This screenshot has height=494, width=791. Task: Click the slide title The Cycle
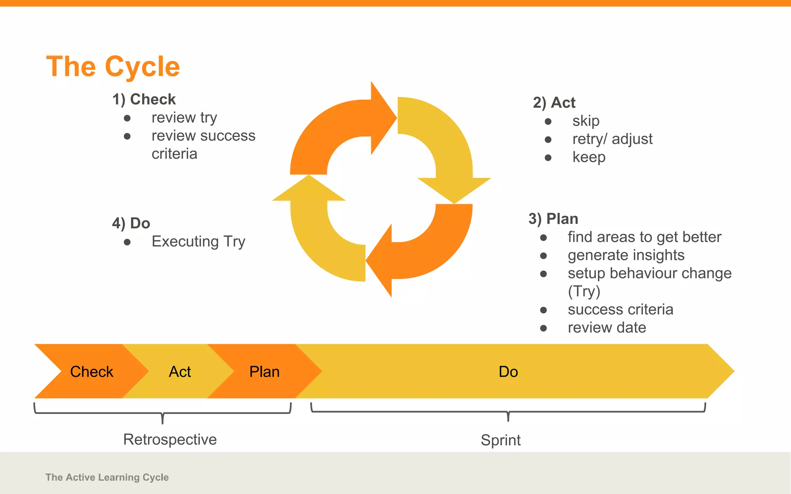pyautogui.click(x=113, y=67)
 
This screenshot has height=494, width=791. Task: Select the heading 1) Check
pyautogui.click(x=144, y=100)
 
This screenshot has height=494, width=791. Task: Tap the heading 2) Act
pyautogui.click(x=554, y=103)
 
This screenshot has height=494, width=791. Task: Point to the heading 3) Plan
pyautogui.click(x=553, y=219)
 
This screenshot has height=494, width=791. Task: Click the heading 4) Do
pyautogui.click(x=131, y=223)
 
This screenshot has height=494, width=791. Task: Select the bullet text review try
pyautogui.click(x=184, y=118)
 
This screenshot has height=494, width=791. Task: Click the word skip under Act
pyautogui.click(x=586, y=121)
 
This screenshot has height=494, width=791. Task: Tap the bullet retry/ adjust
pyautogui.click(x=612, y=139)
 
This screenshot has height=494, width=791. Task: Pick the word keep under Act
pyautogui.click(x=589, y=157)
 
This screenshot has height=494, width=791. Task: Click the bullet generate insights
pyautogui.click(x=626, y=255)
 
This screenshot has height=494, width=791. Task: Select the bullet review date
pyautogui.click(x=607, y=328)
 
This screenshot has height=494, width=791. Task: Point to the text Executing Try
pyautogui.click(x=198, y=242)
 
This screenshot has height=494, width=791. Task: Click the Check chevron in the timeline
pyautogui.click(x=92, y=372)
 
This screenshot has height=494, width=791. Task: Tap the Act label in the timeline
pyautogui.click(x=180, y=372)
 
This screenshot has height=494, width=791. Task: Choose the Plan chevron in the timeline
pyautogui.click(x=264, y=372)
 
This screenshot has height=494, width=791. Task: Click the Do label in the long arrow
pyautogui.click(x=508, y=372)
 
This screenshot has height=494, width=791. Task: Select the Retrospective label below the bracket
pyautogui.click(x=170, y=440)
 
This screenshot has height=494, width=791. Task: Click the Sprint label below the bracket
pyautogui.click(x=501, y=440)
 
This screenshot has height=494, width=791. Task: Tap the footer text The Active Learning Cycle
pyautogui.click(x=107, y=477)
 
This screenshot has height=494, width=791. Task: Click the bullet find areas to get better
pyautogui.click(x=644, y=237)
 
